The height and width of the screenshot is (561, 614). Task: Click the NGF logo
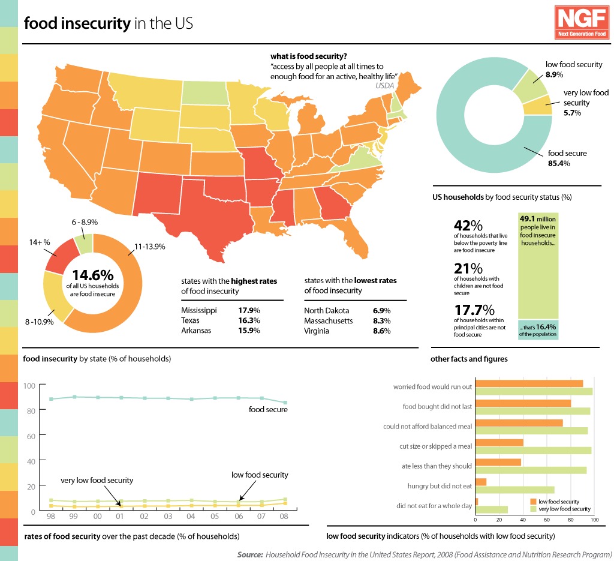(580, 23)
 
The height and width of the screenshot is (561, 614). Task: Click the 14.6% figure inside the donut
(93, 275)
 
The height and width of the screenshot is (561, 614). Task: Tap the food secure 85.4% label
(567, 158)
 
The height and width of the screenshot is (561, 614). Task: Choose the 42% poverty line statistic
(468, 226)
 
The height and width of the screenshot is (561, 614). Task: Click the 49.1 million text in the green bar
(537, 219)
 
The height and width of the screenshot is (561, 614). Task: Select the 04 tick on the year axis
(191, 515)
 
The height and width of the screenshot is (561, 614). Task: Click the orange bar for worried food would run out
(528, 383)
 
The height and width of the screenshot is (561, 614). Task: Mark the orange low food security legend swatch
(534, 501)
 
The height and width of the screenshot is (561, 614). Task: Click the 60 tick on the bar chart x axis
(547, 520)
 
